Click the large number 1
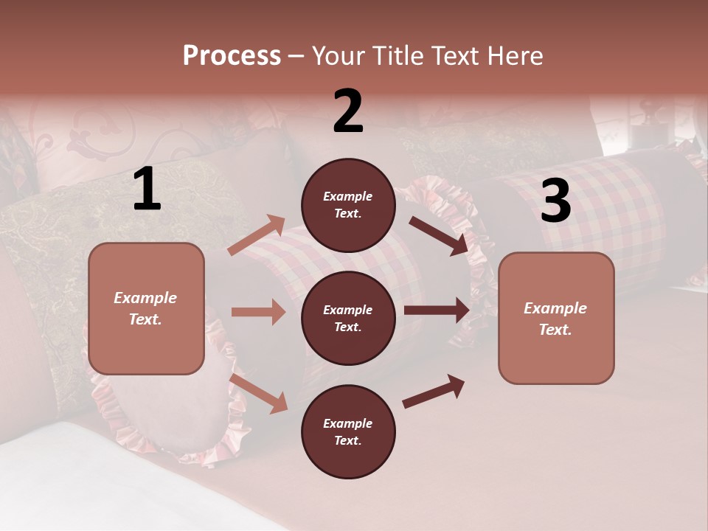tap(147, 190)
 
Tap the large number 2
tap(348, 111)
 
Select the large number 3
tap(555, 201)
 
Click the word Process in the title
tap(232, 55)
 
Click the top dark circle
tap(348, 205)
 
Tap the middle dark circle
tap(348, 318)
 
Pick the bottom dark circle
tap(348, 431)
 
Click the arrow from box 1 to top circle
tap(257, 235)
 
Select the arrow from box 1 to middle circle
tap(258, 312)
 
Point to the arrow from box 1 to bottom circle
tap(259, 393)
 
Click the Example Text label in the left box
tap(145, 308)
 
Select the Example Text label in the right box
tap(555, 319)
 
